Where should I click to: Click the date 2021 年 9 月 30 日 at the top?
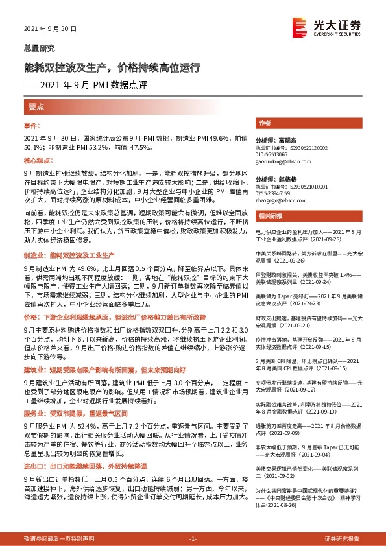pos(51,29)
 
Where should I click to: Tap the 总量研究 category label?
pos(40,49)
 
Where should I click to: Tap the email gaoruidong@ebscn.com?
pos(277,161)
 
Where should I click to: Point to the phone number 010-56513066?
pos(271,155)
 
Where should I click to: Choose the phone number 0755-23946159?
pos(272,193)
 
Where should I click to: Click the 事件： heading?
pos(32,125)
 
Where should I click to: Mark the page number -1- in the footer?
pos(193,539)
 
